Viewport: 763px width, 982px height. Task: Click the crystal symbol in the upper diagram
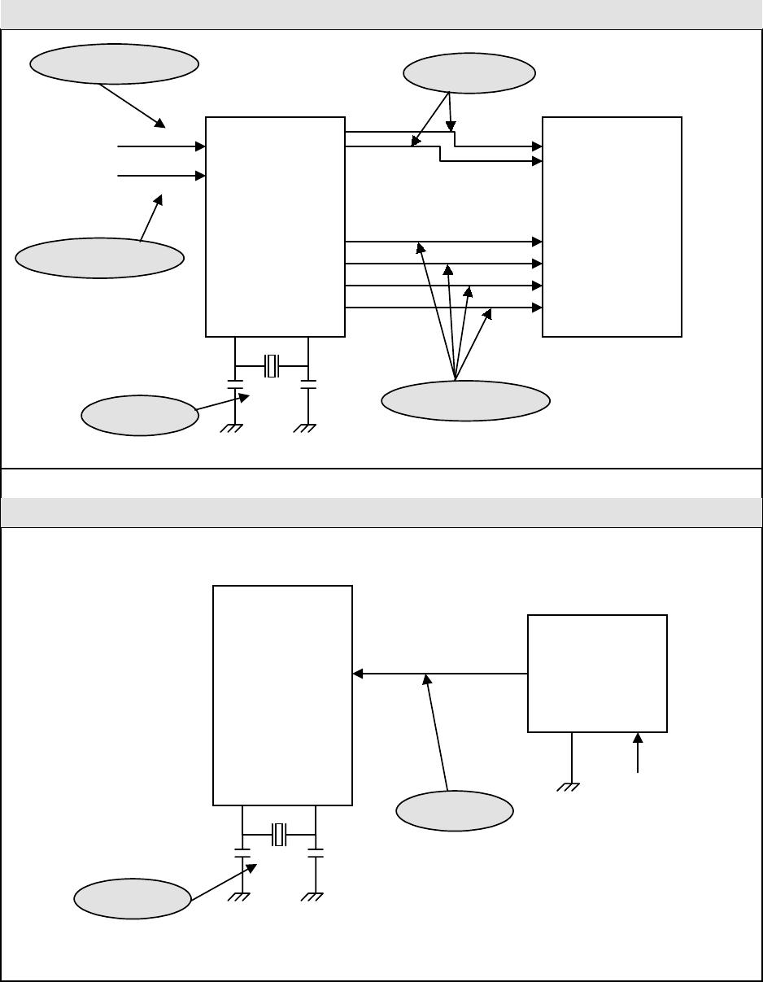(x=272, y=366)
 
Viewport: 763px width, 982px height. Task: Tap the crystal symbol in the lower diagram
(x=280, y=834)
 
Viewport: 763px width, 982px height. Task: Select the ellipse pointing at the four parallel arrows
(x=466, y=400)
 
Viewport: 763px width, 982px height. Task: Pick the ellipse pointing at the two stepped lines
(x=469, y=73)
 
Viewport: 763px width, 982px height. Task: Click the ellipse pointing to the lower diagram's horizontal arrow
(x=455, y=810)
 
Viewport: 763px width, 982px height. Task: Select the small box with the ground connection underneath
(x=597, y=673)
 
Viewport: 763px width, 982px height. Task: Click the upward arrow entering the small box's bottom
(x=638, y=753)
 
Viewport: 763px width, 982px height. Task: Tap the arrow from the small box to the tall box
(x=440, y=674)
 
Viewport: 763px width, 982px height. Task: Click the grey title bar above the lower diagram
(x=381, y=513)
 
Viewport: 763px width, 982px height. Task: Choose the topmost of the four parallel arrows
(x=443, y=242)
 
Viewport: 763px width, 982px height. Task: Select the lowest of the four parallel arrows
(x=443, y=308)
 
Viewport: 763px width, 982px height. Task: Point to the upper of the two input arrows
(x=161, y=147)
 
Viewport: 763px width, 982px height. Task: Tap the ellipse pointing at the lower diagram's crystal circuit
(x=132, y=899)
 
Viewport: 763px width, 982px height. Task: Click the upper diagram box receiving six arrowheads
(x=612, y=226)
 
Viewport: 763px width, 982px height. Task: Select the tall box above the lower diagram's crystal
(x=282, y=695)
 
